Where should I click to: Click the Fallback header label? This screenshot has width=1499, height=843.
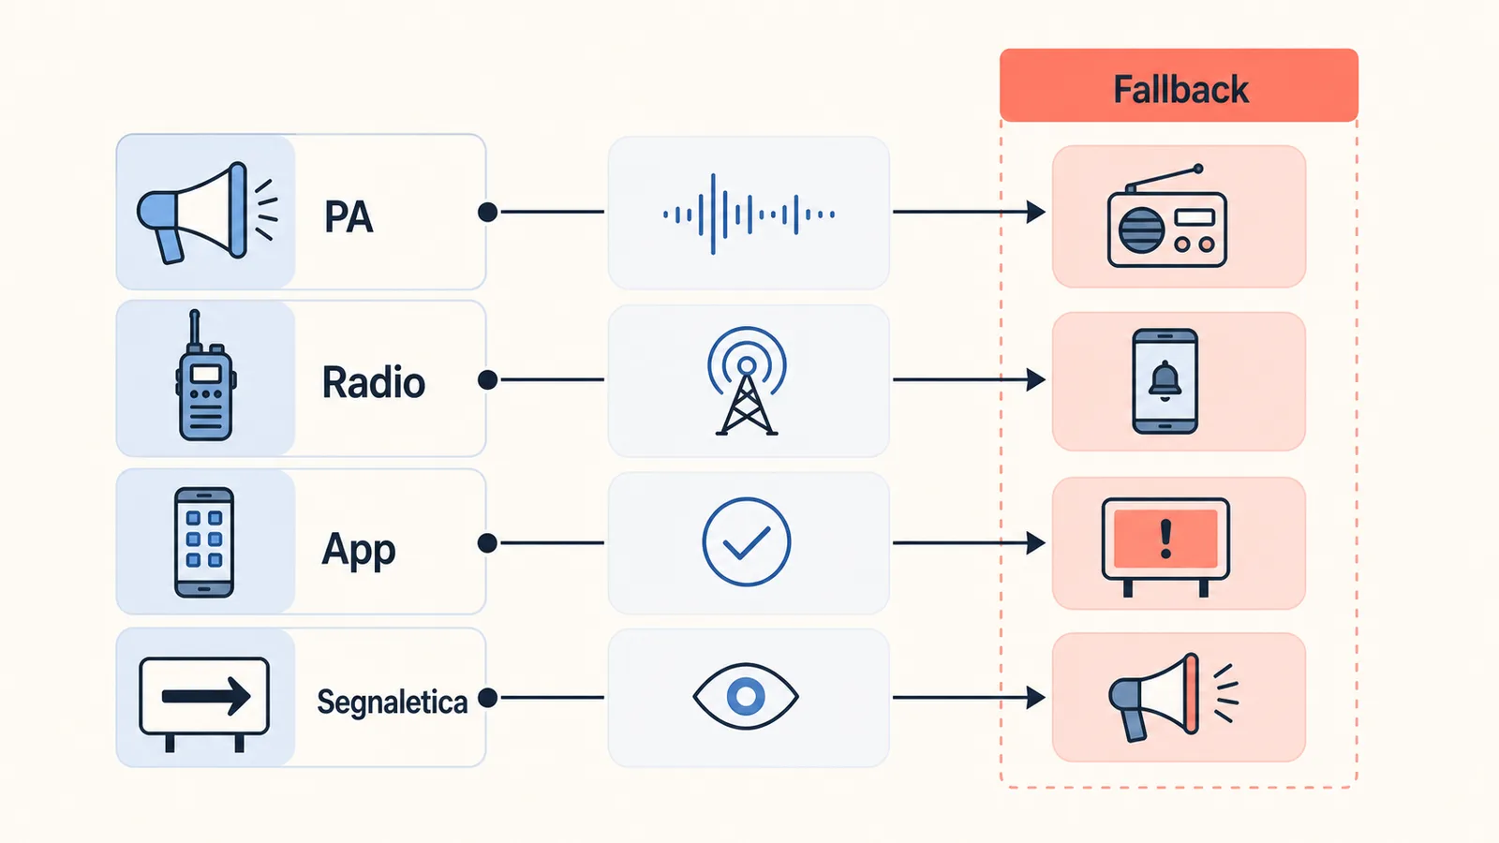[1180, 90]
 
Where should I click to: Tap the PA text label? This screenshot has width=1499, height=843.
[348, 217]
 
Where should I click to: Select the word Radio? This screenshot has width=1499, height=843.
[374, 383]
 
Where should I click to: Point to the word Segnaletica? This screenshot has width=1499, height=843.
[393, 702]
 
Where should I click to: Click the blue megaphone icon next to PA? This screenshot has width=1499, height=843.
[207, 213]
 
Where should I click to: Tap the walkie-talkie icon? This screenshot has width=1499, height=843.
[205, 376]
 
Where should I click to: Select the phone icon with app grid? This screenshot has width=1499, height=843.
[204, 542]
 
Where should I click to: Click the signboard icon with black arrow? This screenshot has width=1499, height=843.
[204, 703]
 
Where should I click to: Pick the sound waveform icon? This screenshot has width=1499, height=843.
[749, 214]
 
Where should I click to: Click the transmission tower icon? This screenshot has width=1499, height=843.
[747, 381]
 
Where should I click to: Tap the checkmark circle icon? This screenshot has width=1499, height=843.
[747, 542]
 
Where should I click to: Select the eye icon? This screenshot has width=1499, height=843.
[746, 697]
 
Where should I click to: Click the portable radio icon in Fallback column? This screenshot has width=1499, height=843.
[1167, 216]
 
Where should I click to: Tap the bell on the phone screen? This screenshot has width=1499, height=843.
[1165, 381]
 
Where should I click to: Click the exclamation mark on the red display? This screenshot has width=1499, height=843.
[1165, 540]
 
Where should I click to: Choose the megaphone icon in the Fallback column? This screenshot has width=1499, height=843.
[1173, 698]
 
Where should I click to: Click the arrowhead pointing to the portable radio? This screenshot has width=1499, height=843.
[1036, 212]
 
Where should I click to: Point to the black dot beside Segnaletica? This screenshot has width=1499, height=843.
[488, 698]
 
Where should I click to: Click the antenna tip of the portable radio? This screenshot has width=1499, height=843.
[1198, 169]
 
